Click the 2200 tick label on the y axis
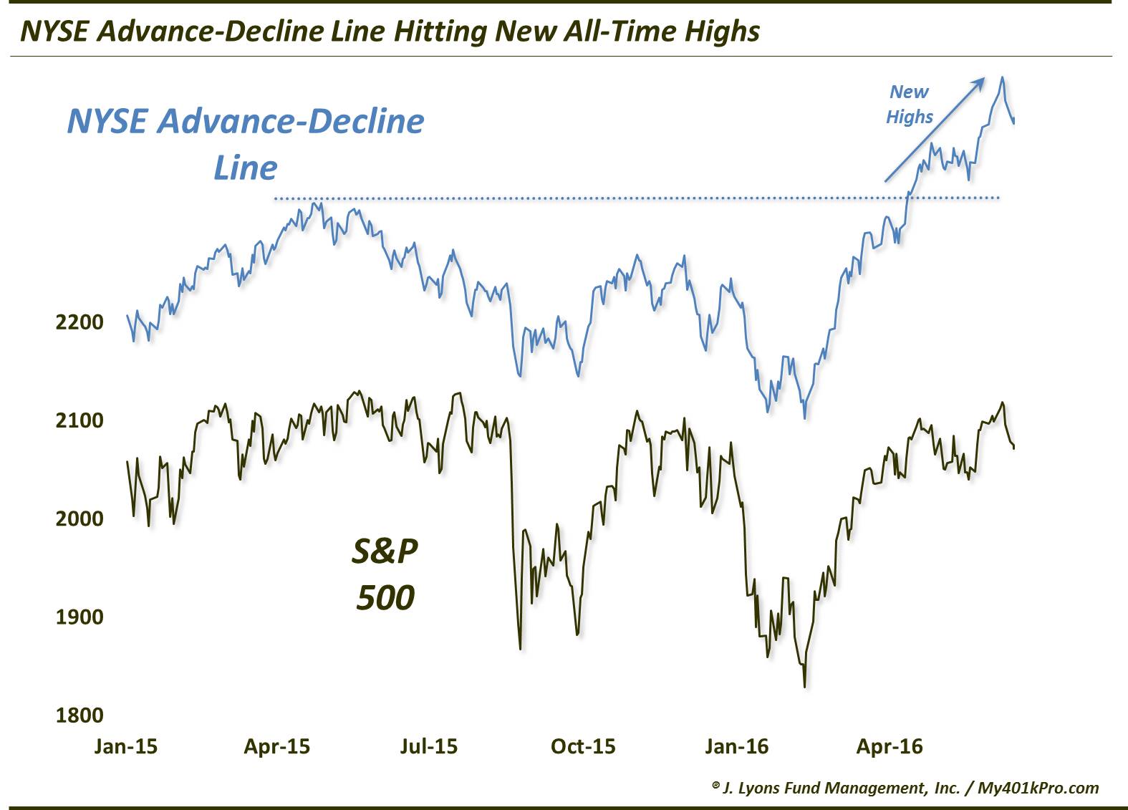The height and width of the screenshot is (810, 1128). coord(79,322)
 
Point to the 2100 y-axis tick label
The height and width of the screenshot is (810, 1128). coord(79,420)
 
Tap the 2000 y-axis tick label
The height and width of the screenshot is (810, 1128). coord(79,519)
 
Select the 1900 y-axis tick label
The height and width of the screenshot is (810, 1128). coord(79,617)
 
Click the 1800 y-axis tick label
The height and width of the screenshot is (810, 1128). coord(79,715)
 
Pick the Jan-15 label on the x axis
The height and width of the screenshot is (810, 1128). coord(126,746)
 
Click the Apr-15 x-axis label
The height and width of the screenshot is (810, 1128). coord(277,746)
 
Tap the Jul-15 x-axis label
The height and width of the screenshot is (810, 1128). coord(428,746)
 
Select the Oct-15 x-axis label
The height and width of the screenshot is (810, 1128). coord(583,746)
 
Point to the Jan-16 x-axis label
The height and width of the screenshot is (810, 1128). coord(736,746)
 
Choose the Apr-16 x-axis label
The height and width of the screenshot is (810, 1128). coord(890,746)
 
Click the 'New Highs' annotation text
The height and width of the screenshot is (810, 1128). coord(910,105)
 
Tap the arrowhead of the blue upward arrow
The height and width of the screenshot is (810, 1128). coord(980,82)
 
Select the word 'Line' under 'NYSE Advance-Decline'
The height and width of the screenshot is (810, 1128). coord(245,168)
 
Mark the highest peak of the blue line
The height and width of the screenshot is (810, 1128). coord(1003,77)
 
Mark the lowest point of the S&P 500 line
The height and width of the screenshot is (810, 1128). coord(805,687)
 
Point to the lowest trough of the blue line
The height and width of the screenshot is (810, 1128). coord(805,418)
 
